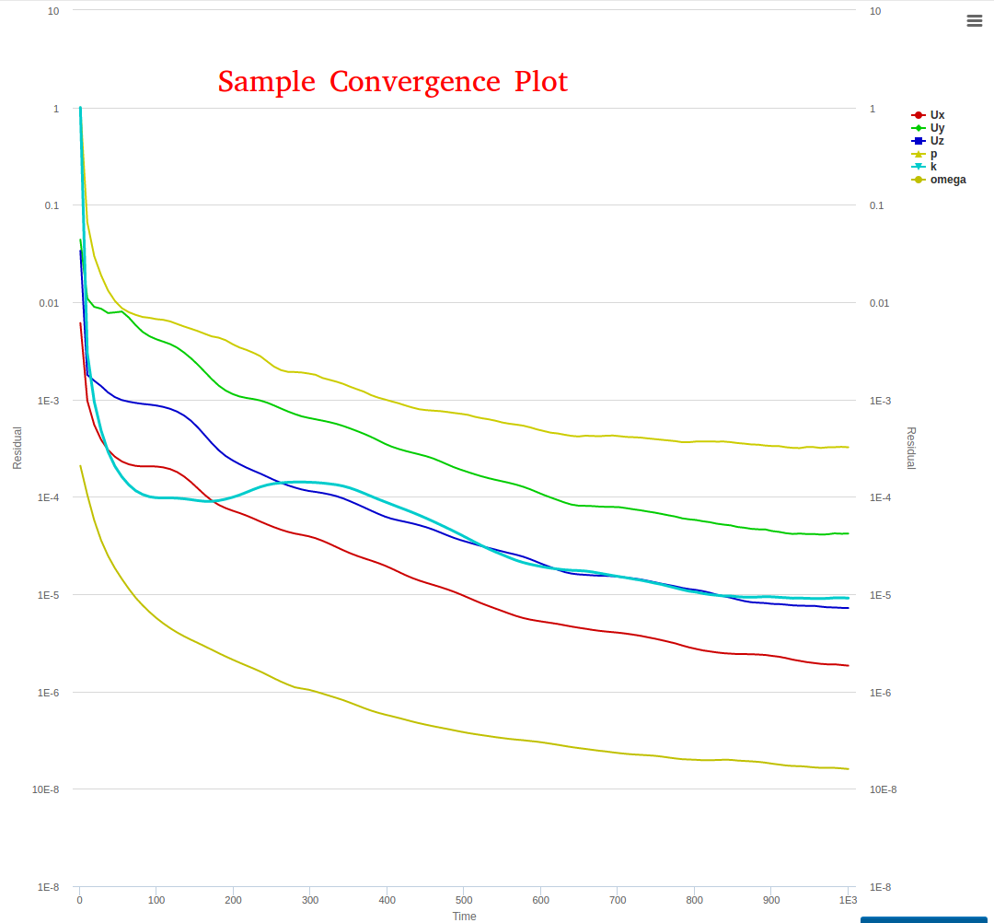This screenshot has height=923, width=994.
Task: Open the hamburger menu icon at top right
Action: point(975,21)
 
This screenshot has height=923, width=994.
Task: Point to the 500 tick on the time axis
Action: point(464,900)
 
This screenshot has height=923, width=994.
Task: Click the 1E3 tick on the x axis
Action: point(848,900)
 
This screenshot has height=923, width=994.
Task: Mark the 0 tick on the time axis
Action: point(80,900)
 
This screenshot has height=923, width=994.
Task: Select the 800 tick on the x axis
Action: point(695,900)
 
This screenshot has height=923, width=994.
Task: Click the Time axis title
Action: point(464,917)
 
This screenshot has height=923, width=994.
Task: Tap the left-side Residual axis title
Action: point(17,448)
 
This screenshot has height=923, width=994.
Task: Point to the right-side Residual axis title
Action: point(911,448)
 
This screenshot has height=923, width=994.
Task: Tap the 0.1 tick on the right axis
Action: point(876,205)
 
